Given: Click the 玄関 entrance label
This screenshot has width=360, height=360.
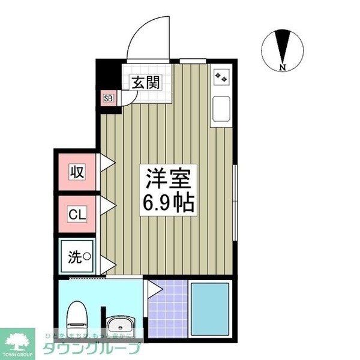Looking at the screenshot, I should [x=145, y=83].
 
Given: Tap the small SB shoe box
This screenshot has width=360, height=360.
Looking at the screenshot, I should [x=109, y=98].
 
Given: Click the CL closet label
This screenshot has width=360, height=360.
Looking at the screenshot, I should [x=77, y=214].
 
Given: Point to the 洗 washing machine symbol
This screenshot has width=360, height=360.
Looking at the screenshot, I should [x=79, y=258].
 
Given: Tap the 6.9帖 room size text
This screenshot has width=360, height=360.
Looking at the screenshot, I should [x=167, y=203].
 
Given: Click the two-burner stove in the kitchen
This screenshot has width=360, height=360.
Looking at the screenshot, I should [x=221, y=77].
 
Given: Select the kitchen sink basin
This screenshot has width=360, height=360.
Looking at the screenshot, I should [x=220, y=109].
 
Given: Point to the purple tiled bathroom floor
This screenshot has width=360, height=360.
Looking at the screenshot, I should [x=167, y=312].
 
